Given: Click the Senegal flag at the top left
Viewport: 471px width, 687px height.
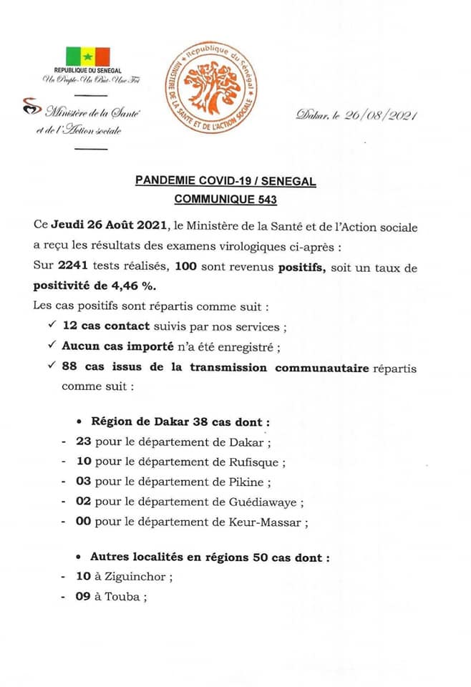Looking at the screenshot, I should click(x=88, y=57).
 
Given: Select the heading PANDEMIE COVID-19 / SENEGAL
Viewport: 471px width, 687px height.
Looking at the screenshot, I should click(x=225, y=182).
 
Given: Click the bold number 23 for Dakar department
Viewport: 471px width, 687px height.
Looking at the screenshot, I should click(x=83, y=442).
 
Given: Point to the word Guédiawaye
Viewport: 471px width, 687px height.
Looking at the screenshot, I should click(x=262, y=502).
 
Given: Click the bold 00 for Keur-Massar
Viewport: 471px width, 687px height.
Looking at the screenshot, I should click(x=83, y=522).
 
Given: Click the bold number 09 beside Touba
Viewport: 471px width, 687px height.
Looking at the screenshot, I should click(x=83, y=597).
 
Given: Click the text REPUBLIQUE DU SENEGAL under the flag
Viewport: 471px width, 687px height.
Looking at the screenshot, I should click(x=87, y=72).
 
